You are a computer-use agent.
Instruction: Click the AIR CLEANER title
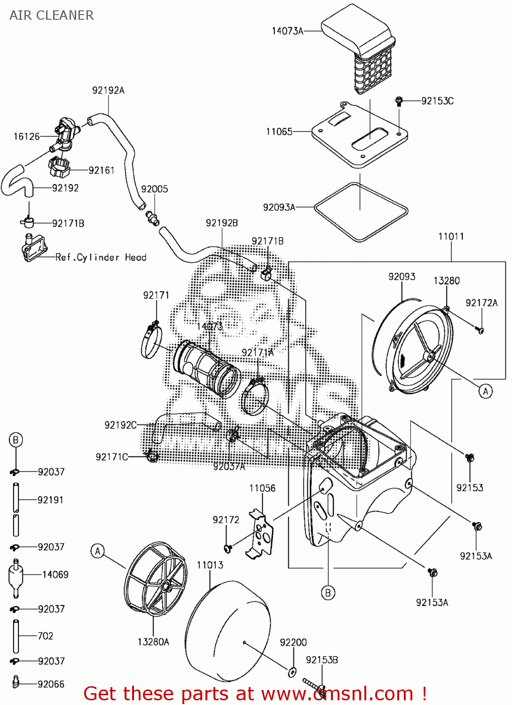[52, 15]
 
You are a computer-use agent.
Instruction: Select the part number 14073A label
[287, 31]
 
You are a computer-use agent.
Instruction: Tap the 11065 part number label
[279, 132]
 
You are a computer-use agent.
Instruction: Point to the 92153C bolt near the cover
[399, 101]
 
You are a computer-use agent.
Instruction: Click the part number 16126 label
[27, 137]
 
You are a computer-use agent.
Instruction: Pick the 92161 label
[102, 170]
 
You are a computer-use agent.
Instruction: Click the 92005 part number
[155, 189]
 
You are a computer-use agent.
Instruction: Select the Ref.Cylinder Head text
[101, 258]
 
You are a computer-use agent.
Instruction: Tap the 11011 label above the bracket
[451, 236]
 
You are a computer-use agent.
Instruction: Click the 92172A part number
[481, 303]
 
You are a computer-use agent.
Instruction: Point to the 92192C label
[120, 425]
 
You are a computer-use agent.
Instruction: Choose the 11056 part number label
[262, 488]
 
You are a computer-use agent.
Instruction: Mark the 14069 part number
[55, 575]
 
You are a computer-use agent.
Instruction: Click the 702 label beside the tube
[46, 636]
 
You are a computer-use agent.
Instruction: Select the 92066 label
[51, 684]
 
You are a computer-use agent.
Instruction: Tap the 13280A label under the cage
[153, 642]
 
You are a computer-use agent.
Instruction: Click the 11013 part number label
[210, 565]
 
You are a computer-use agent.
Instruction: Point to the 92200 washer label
[293, 642]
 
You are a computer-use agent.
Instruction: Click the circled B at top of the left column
[16, 440]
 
